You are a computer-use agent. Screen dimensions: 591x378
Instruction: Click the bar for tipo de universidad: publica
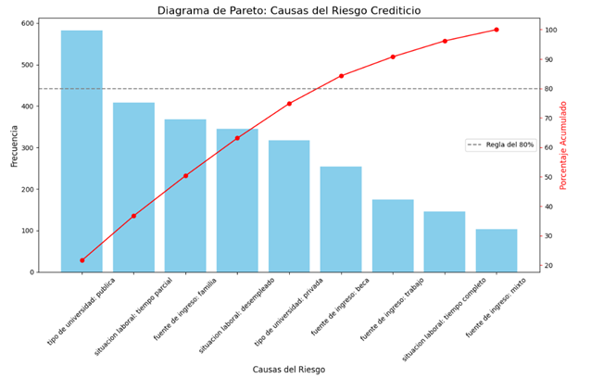[x=82, y=151]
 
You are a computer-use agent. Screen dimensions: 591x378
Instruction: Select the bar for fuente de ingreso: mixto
[x=497, y=251]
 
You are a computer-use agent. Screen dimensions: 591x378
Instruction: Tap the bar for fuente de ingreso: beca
[x=341, y=220]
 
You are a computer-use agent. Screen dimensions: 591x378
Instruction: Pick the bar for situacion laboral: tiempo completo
[x=445, y=242]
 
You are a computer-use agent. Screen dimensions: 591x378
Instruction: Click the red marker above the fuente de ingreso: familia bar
[x=185, y=176]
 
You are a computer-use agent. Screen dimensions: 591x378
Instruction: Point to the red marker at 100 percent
[x=497, y=30]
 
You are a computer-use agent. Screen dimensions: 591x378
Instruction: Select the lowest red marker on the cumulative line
[x=82, y=260]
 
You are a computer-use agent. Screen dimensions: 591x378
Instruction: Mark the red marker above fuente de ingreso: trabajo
[x=393, y=57]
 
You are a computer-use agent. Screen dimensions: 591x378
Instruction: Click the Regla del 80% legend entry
[x=500, y=145]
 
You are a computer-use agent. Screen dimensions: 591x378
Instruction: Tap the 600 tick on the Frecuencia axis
[x=30, y=23]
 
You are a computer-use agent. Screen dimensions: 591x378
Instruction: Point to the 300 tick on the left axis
[x=30, y=147]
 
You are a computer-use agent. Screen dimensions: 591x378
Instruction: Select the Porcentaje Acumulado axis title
[x=563, y=145]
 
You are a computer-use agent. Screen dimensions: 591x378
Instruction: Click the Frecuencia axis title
[x=14, y=146]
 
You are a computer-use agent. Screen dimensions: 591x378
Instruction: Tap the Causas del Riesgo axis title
[x=289, y=370]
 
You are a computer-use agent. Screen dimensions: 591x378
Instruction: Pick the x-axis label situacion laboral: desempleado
[x=237, y=316]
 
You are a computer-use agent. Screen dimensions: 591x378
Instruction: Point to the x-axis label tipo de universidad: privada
[x=289, y=312]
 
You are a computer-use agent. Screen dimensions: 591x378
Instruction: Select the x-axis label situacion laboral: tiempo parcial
[x=133, y=317]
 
